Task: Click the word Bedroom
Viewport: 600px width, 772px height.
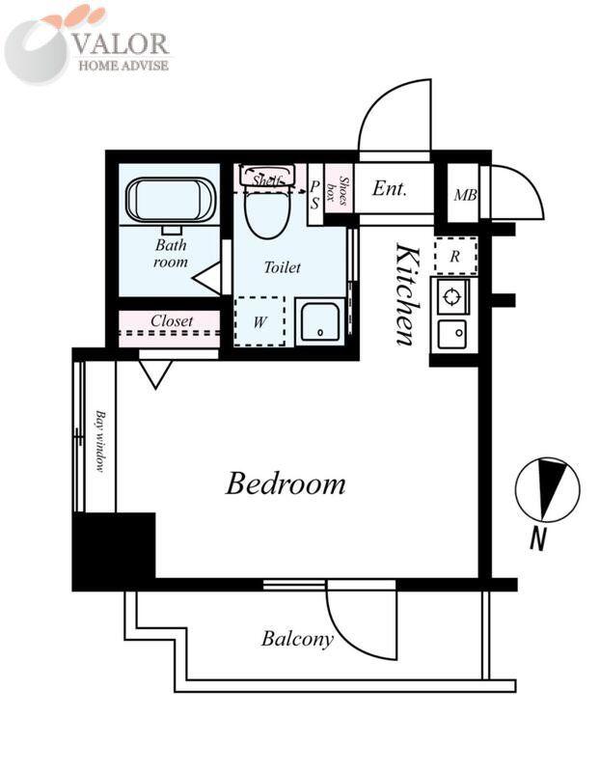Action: click(286, 483)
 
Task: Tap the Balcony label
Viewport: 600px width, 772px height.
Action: click(297, 639)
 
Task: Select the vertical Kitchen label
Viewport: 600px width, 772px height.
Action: click(408, 294)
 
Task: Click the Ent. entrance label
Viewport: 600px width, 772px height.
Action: click(390, 188)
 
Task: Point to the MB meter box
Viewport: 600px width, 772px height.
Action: click(465, 196)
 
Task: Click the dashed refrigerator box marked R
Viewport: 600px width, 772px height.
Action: click(455, 256)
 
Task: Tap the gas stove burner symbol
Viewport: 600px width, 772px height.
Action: click(450, 296)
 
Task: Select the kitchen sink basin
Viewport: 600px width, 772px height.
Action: click(452, 333)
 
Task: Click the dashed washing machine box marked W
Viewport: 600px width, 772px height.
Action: click(259, 321)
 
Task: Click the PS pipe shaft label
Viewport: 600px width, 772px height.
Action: click(314, 195)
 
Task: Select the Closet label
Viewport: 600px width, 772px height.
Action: click(172, 321)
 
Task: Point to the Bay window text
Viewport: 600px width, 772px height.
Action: click(100, 441)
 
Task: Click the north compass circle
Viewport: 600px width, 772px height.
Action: click(547, 490)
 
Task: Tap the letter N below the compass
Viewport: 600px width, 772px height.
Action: click(538, 538)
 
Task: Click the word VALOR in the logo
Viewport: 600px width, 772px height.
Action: click(121, 43)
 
